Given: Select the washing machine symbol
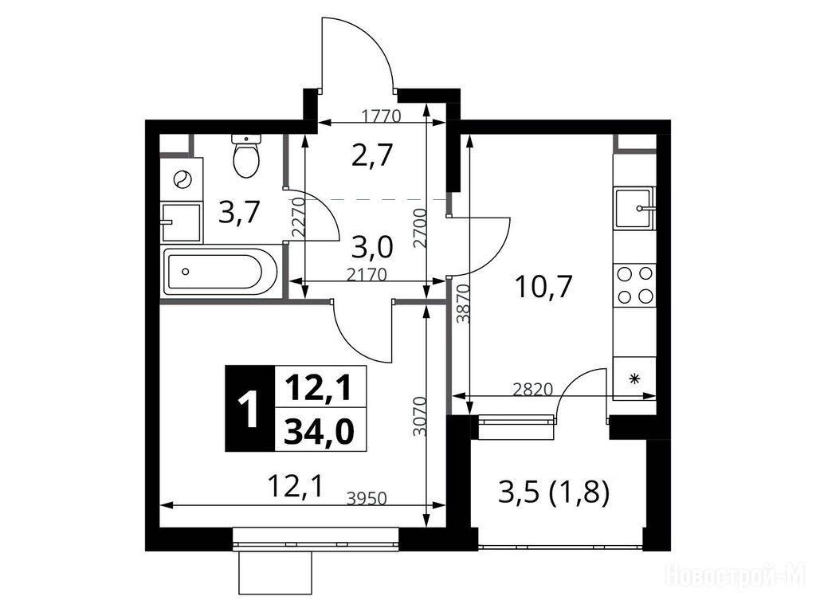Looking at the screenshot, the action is [182, 179].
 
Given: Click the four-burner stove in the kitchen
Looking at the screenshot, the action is [634, 284].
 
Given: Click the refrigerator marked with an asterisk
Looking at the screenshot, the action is [634, 379].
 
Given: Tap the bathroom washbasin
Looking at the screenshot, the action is [181, 223].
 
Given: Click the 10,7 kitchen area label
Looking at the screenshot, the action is [543, 286].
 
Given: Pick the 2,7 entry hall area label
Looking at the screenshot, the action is [371, 155].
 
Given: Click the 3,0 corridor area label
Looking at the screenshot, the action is [371, 248].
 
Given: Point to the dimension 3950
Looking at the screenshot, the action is [367, 499].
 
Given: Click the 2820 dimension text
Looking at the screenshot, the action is [532, 389].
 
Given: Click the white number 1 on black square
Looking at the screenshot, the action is [249, 409].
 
